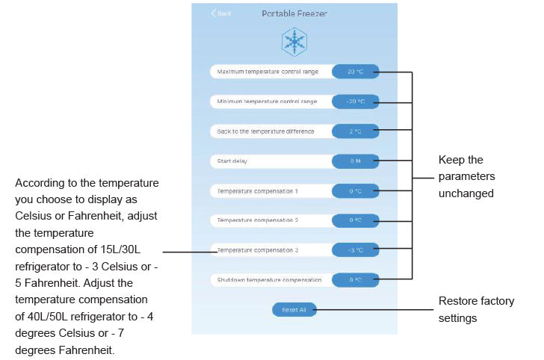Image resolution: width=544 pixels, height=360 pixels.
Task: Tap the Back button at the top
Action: pos(221,13)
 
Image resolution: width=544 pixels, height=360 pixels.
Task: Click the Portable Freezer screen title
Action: pos(294,13)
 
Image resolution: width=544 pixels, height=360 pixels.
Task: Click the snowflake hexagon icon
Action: pos(294,43)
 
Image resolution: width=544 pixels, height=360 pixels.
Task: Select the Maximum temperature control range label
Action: pos(268,72)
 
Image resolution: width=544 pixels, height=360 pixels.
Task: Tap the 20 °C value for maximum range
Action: pos(355,72)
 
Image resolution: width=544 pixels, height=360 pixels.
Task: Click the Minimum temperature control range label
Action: pos(267,101)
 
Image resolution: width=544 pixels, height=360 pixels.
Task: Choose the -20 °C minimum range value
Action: pos(355,101)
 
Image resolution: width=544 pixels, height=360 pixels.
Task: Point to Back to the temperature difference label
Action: pos(265,131)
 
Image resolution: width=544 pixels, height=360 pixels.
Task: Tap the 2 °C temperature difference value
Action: pos(355,131)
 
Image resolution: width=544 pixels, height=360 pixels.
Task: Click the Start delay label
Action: pos(232,161)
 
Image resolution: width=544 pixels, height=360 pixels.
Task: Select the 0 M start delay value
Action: pos(355,161)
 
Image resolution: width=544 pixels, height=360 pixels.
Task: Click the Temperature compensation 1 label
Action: pos(258,190)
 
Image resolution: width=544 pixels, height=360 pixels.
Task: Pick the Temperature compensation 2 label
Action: pos(258,220)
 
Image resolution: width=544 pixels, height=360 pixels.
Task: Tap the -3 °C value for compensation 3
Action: pos(355,250)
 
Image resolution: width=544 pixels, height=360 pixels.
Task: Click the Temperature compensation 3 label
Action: pos(258,250)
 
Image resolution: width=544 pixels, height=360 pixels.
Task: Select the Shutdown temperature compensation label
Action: pos(269,280)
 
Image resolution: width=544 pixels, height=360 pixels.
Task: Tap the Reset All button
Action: pos(294,309)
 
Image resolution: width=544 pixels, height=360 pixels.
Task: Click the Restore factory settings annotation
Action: pos(476,309)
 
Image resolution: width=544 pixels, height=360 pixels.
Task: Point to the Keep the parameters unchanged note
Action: pos(466,176)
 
